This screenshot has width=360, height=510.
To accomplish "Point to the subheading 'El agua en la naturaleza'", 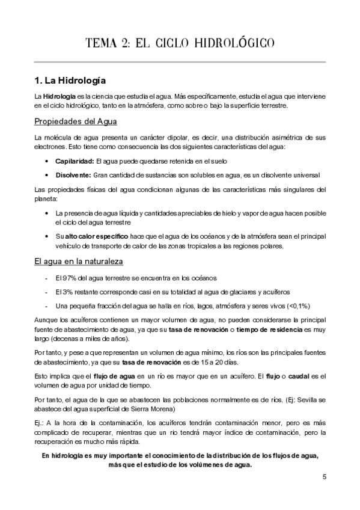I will (x=78, y=262).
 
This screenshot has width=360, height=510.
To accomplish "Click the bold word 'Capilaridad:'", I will (x=73, y=162).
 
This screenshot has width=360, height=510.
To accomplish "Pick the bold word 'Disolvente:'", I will (x=72, y=175).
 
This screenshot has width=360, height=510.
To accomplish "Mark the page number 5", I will (x=324, y=478).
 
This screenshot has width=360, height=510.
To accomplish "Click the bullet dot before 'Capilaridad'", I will (x=47, y=162).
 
